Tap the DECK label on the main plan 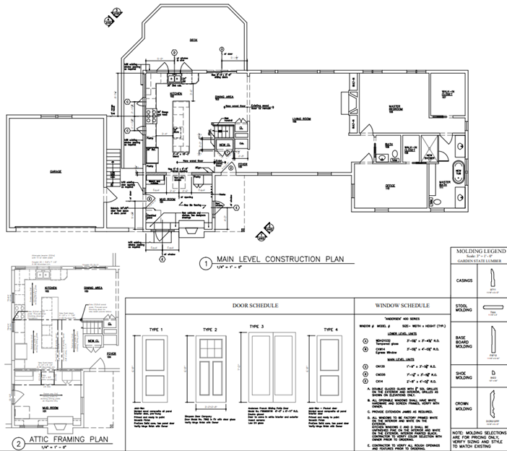tap(194, 40)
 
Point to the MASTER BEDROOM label tap(396, 108)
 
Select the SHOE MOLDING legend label tap(461, 377)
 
